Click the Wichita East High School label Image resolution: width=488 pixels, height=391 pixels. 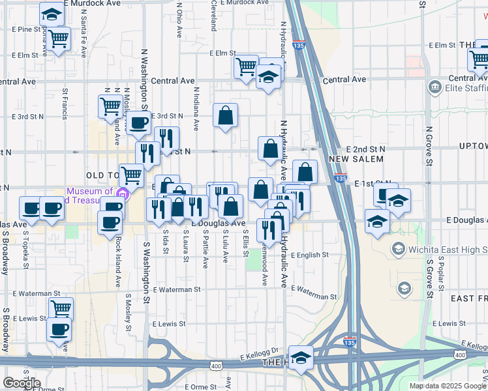pyautogui.click(x=448, y=250)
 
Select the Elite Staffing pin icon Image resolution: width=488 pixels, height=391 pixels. pyautogui.click(x=435, y=87)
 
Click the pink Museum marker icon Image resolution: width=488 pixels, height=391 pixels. pyautogui.click(x=121, y=194)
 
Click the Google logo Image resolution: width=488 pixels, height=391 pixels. pyautogui.click(x=22, y=383)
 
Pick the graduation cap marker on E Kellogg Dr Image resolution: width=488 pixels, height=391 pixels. pyautogui.click(x=301, y=358)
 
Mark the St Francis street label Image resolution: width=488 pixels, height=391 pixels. pyautogui.click(x=65, y=104)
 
